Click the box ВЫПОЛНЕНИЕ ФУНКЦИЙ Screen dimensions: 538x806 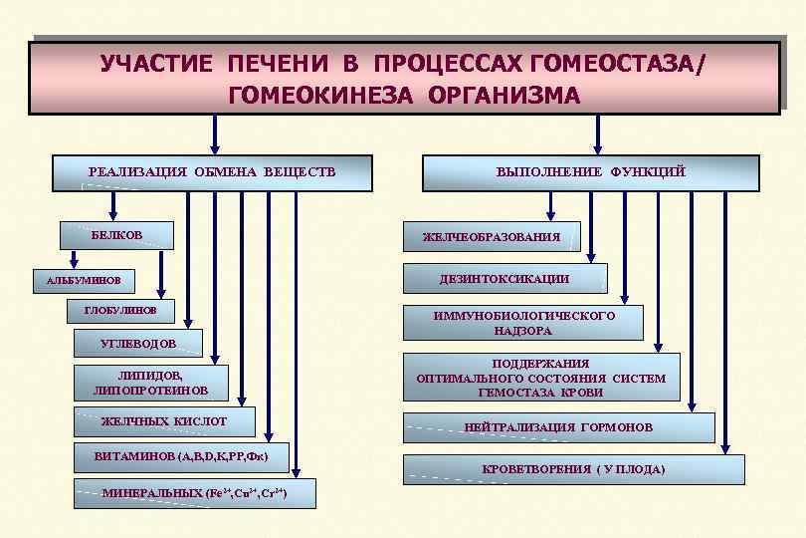pos(590,173)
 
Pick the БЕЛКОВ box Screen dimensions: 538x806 pos(116,235)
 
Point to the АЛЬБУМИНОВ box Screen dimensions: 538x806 pos(84,281)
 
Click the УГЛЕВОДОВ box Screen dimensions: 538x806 pos(138,345)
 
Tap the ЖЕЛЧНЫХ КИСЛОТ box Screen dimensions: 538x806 pos(164,422)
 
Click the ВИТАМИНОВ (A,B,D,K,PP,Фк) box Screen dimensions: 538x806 pos(180,457)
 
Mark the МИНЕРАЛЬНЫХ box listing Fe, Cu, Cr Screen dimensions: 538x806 pos(194,494)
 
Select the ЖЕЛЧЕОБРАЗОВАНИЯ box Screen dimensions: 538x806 pos(491,237)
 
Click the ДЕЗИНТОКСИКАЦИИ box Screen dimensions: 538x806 pos(504,279)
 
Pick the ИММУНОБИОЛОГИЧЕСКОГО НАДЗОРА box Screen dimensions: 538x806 pos(523,323)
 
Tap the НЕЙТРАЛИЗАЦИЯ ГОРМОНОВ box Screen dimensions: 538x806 pos(558,427)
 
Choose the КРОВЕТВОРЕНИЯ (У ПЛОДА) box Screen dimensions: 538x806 pos(573,469)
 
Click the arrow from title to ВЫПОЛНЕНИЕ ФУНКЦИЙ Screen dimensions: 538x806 pos(598,134)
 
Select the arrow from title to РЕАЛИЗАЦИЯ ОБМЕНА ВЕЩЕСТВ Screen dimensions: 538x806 pos(214,134)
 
